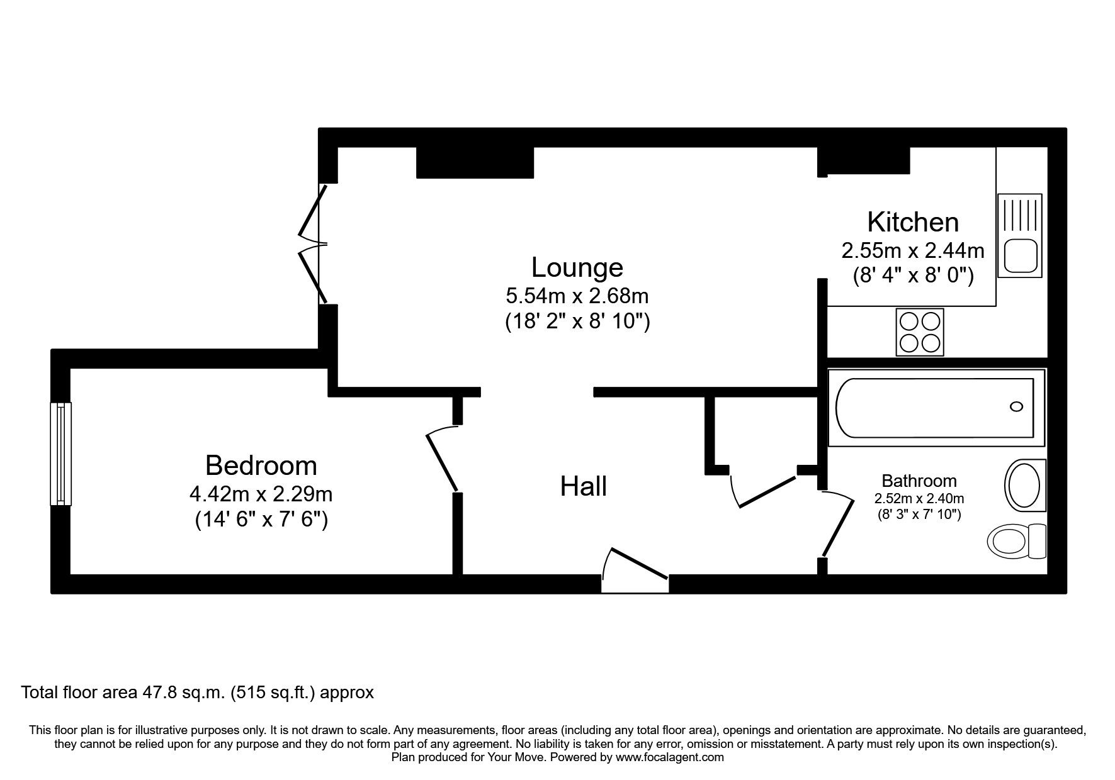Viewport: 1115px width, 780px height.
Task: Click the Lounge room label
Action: [x=577, y=267]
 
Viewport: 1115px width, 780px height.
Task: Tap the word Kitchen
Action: [x=913, y=222]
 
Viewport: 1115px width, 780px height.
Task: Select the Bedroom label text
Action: [x=261, y=465]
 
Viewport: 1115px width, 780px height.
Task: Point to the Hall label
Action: [x=584, y=486]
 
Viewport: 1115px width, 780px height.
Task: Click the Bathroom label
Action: [x=919, y=481]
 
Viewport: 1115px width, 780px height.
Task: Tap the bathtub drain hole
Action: [x=1016, y=406]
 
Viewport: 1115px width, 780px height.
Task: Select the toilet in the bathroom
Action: [x=1017, y=540]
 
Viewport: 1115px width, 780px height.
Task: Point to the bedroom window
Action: [x=61, y=454]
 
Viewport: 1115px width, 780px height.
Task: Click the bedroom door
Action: [x=442, y=459]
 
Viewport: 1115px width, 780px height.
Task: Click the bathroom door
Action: [x=837, y=524]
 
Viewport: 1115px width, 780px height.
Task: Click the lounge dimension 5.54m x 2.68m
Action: [x=577, y=295]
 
